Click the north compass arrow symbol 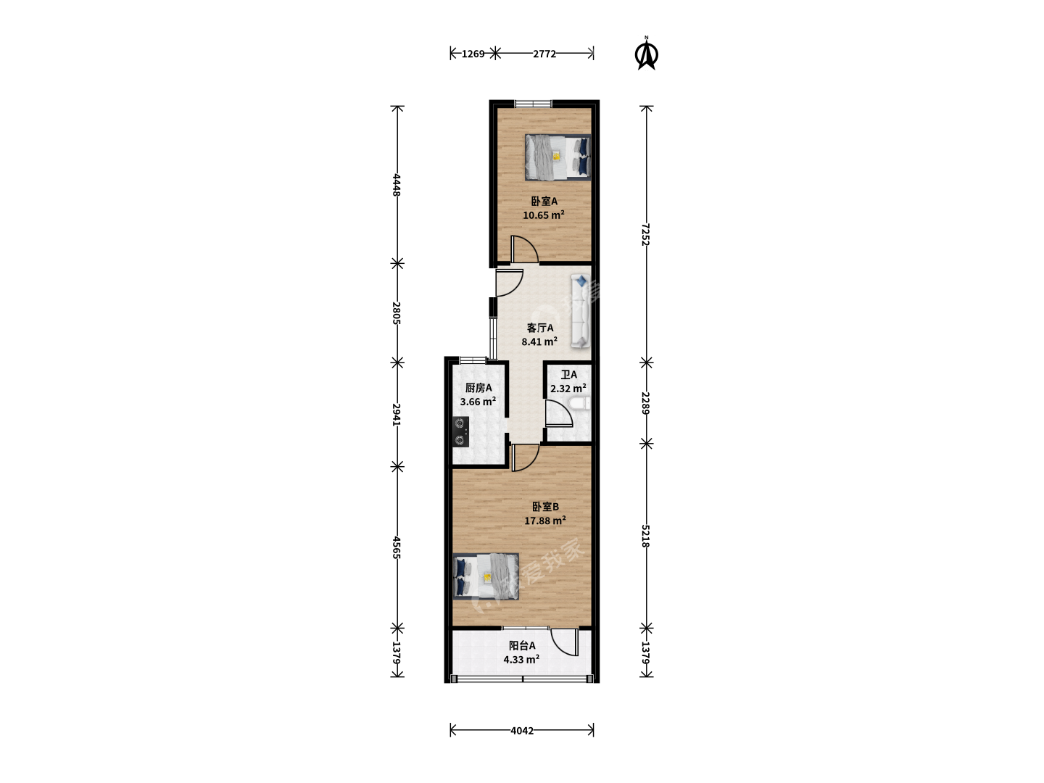647,53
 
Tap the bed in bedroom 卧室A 558,157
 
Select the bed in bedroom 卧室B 486,576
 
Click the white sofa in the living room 580,311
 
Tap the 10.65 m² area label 544,215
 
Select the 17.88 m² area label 545,521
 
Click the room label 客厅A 540,328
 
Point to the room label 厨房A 478,388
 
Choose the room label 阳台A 522,645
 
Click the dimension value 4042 522,731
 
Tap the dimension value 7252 645,234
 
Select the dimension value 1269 473,54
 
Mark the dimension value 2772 544,54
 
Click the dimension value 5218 645,536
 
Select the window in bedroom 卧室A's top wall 533,103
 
